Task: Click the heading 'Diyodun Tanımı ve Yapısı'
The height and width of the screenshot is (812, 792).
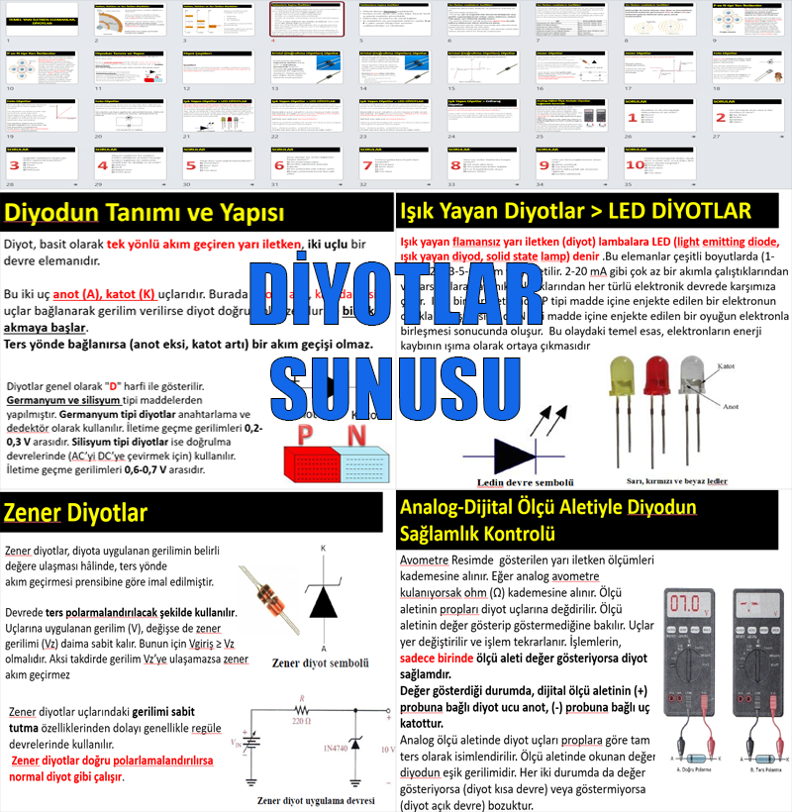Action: pyautogui.click(x=145, y=213)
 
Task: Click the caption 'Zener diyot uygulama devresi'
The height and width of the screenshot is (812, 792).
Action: pyautogui.click(x=315, y=800)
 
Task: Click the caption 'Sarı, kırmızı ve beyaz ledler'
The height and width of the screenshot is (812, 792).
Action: pyautogui.click(x=677, y=481)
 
